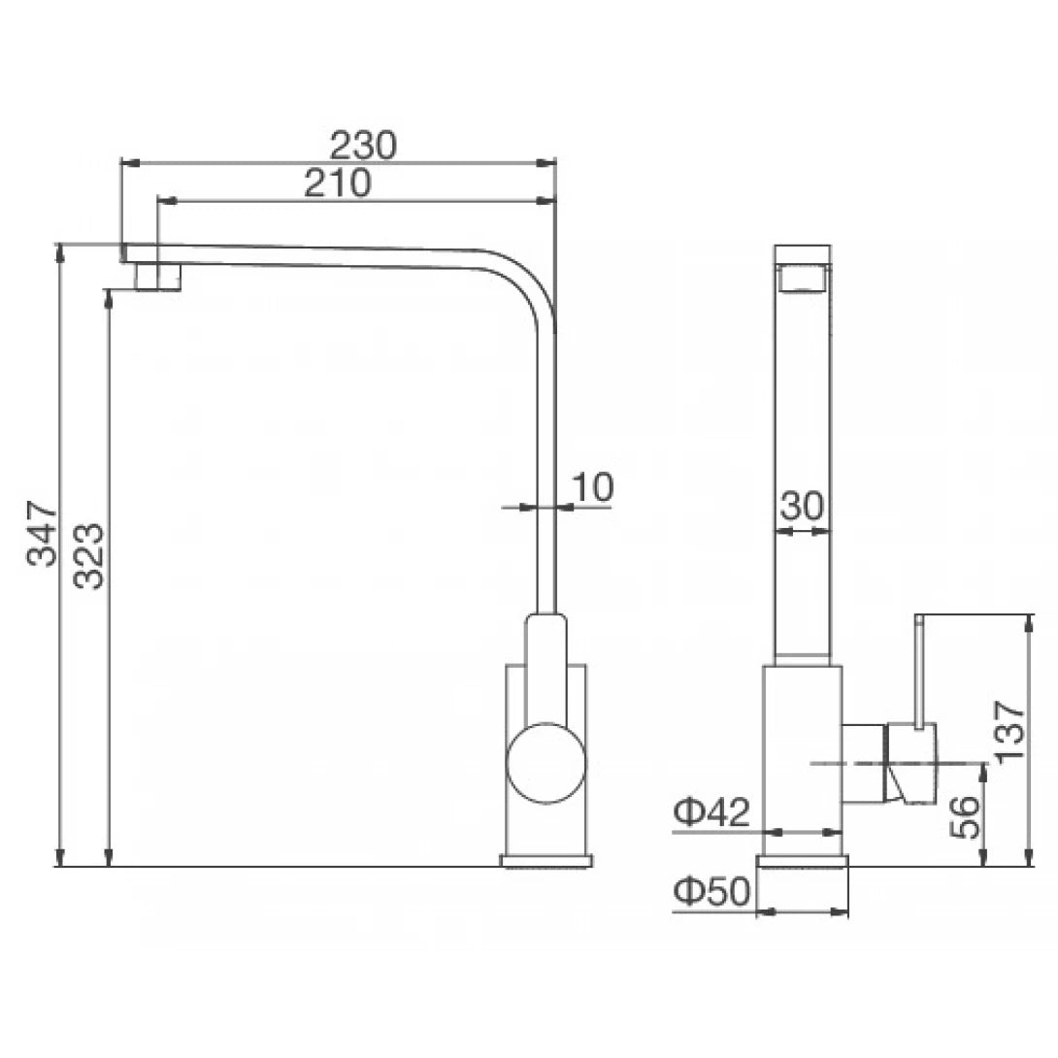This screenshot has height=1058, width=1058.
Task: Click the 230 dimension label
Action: coord(363,146)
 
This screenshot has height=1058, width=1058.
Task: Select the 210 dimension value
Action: coord(337,184)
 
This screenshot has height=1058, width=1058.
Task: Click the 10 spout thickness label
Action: coord(591,487)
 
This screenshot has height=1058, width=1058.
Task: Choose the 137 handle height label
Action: coord(1009,730)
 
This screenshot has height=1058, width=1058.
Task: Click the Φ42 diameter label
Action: coord(712,813)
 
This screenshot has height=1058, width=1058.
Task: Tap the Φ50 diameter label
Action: coord(712,892)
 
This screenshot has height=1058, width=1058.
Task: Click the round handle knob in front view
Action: coord(547,763)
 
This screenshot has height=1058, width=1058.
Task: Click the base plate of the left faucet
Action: coord(546,860)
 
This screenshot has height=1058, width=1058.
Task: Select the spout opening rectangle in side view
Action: coord(802,279)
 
